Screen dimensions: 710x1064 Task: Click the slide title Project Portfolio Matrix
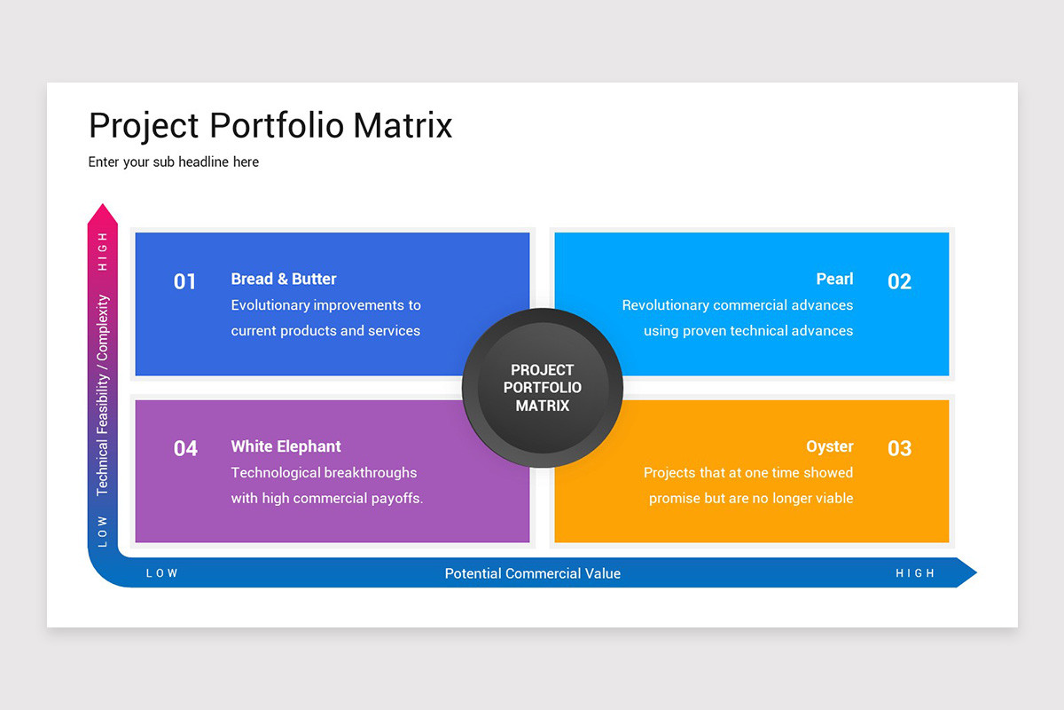pos(270,125)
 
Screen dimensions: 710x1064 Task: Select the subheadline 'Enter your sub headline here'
pos(174,162)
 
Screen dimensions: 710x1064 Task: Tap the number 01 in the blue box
pos(184,281)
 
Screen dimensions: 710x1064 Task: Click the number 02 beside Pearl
pos(899,281)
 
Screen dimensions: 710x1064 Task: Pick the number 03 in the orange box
pos(899,448)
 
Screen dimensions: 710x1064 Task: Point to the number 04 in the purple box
pos(184,448)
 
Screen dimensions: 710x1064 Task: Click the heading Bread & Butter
pos(284,279)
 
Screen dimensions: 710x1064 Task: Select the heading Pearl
pos(834,279)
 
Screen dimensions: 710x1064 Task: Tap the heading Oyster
pos(829,446)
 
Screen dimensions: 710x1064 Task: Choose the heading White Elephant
pos(286,446)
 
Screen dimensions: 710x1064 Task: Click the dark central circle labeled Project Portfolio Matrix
pos(543,388)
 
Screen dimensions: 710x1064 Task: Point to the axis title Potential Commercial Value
pos(532,573)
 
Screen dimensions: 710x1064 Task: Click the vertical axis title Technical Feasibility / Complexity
pos(103,395)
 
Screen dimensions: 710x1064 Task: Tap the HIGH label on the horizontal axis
pos(915,573)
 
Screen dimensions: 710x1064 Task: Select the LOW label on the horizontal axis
pos(161,573)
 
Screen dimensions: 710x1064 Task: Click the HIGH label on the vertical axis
pos(103,251)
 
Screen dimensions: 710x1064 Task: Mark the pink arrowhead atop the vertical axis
pos(103,215)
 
